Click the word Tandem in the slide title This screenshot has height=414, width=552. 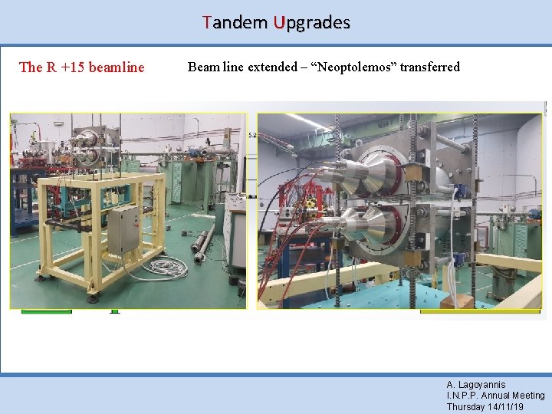(235, 22)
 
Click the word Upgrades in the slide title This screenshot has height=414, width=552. (309, 22)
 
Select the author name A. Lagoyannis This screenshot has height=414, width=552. (476, 385)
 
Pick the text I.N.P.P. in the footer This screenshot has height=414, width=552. (464, 396)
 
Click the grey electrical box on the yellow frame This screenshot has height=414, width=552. (123, 228)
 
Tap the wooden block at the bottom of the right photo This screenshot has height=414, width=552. (457, 301)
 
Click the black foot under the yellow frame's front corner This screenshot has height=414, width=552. (94, 293)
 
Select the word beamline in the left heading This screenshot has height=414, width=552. (117, 67)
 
